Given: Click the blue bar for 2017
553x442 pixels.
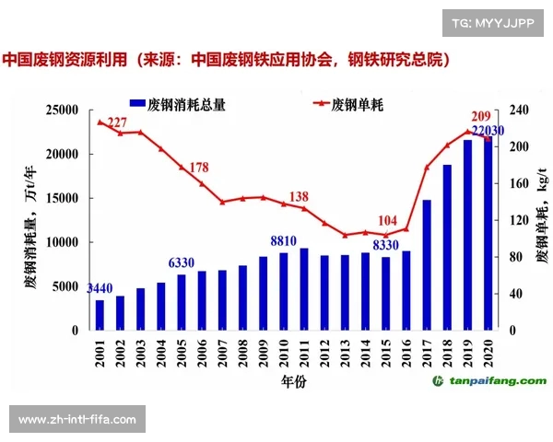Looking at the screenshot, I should click(x=427, y=265).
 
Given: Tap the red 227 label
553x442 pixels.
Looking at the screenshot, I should click(x=117, y=123).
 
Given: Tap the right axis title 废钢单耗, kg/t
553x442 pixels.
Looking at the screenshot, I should click(x=541, y=219).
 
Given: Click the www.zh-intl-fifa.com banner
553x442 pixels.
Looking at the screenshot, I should click(x=77, y=420).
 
